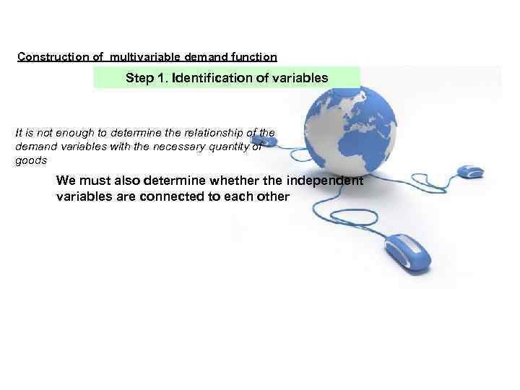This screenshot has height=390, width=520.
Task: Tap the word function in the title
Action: (x=253, y=56)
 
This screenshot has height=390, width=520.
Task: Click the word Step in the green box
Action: (x=139, y=77)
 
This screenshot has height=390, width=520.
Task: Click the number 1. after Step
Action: (x=163, y=77)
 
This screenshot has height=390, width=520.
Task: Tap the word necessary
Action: (x=170, y=146)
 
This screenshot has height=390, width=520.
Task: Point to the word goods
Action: (x=30, y=160)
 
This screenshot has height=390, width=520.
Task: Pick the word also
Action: (x=127, y=181)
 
